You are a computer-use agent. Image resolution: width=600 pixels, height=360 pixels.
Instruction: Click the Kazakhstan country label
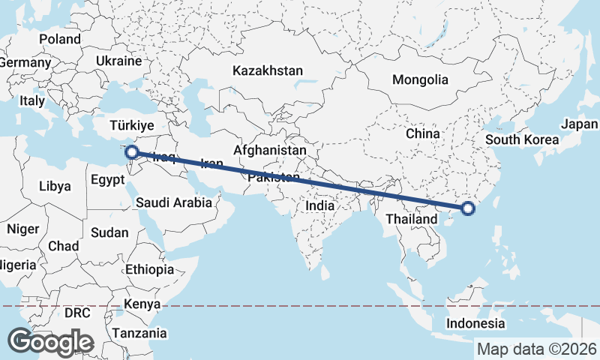tap(268, 71)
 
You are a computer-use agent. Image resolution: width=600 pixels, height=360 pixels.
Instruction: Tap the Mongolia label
tap(420, 79)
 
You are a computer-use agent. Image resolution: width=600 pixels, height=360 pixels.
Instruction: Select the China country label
tap(422, 133)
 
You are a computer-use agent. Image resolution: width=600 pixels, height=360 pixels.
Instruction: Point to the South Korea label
tap(522, 139)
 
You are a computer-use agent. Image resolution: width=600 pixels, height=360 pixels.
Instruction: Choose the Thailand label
tap(412, 219)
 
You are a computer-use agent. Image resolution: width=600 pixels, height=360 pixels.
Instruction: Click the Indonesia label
tap(475, 323)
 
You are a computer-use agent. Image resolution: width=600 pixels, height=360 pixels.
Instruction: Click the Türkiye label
tap(131, 125)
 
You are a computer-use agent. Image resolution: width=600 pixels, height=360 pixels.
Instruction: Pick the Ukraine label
tap(119, 61)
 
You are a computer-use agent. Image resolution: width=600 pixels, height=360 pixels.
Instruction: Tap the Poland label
tap(60, 39)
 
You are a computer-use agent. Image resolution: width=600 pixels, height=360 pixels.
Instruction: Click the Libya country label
tap(55, 186)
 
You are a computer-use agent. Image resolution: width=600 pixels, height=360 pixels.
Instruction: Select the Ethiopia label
tap(150, 269)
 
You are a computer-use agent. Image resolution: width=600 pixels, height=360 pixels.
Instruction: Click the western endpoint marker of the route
tap(132, 153)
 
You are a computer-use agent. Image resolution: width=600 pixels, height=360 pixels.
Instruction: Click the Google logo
tap(50, 342)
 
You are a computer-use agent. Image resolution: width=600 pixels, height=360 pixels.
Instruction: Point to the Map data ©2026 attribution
tap(537, 349)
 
